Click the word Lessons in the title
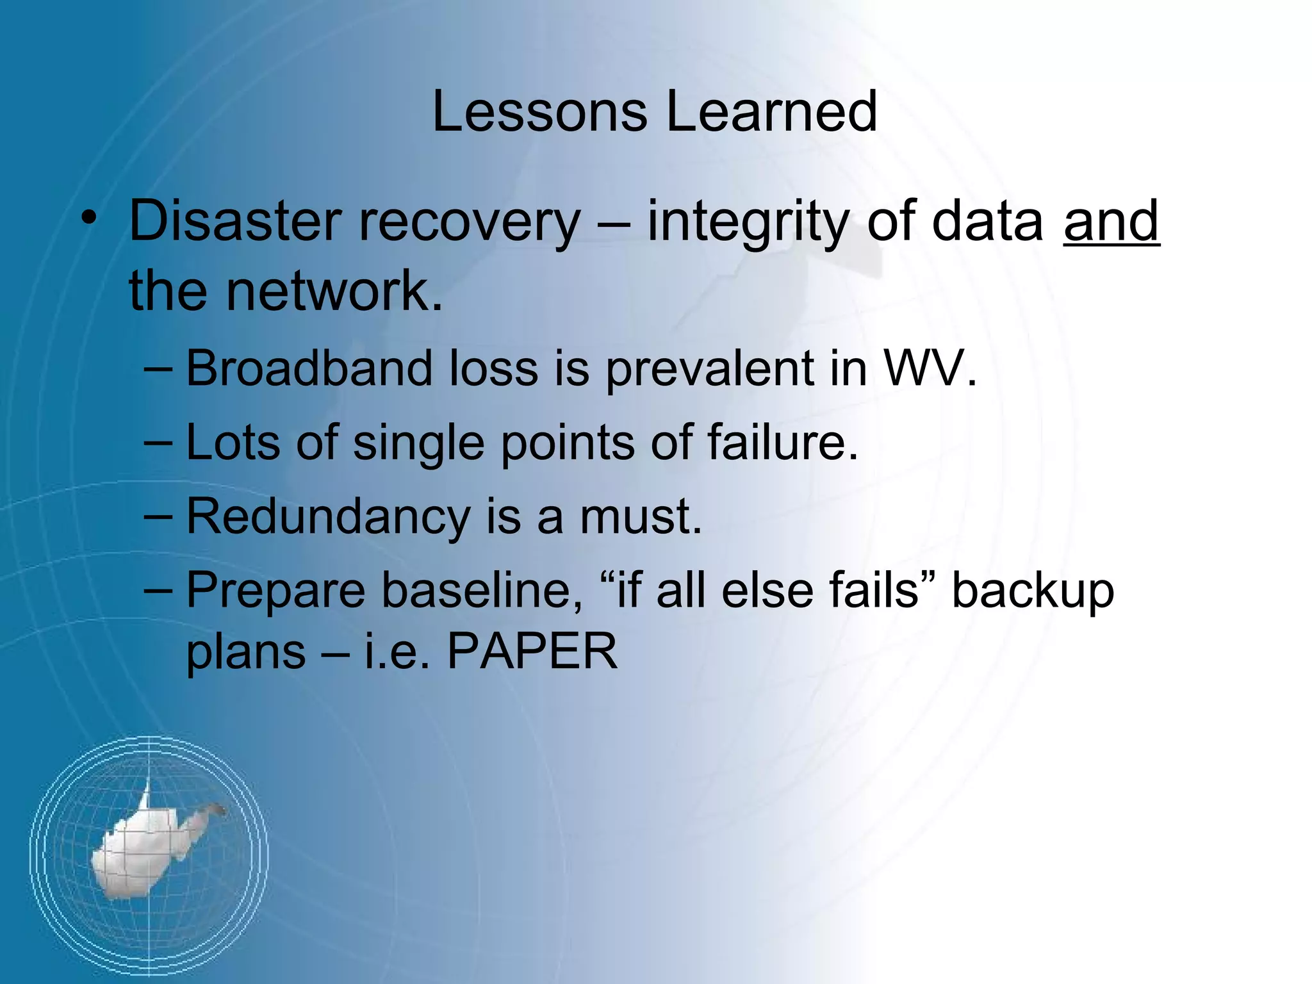pyautogui.click(x=539, y=112)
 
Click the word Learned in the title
pyautogui.click(x=771, y=112)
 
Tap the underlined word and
pyautogui.click(x=1111, y=221)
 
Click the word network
pyautogui.click(x=333, y=291)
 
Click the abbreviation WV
pyautogui.click(x=929, y=370)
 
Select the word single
pyautogui.click(x=418, y=444)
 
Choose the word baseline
pyautogui.click(x=482, y=590)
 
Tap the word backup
pyautogui.click(x=1033, y=591)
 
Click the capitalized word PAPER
pyautogui.click(x=532, y=652)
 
